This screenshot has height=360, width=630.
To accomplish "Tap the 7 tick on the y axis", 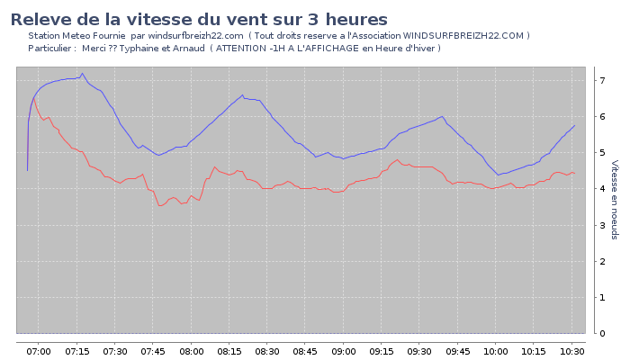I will point(602,81).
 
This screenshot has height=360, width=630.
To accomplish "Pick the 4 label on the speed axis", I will point(602,189).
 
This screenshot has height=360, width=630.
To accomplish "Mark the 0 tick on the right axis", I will point(602,334).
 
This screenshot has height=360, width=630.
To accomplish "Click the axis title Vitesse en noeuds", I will point(615,200).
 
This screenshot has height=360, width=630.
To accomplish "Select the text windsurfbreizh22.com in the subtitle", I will point(195,36).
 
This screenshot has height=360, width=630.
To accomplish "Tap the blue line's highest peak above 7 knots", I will point(82,74).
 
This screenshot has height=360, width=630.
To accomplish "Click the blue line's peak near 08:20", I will point(242,94).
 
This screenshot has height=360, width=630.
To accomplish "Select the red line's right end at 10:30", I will point(574,173).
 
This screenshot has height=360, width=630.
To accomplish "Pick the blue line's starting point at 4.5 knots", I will point(27,170).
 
